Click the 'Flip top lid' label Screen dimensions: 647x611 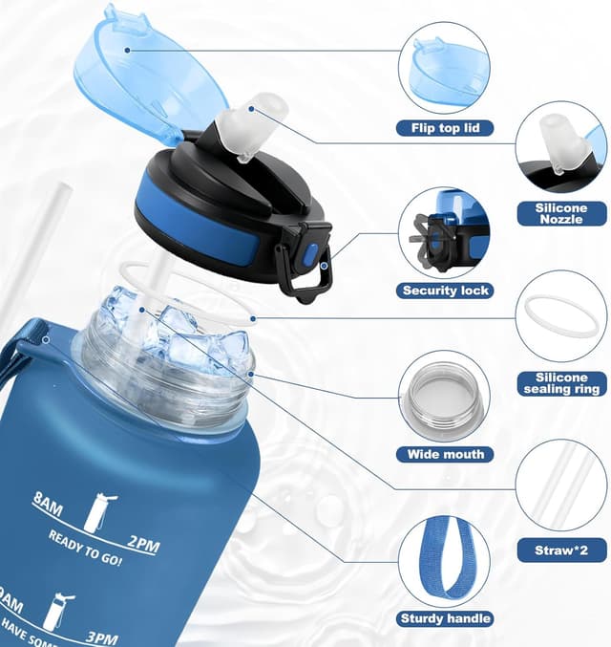[445, 127]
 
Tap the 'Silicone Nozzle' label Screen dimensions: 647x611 [562, 213]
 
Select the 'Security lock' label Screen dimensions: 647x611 [445, 291]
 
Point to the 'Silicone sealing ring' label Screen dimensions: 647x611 [561, 384]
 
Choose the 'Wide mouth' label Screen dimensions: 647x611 [445, 454]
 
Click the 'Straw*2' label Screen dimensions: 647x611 [561, 550]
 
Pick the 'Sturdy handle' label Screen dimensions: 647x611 [445, 618]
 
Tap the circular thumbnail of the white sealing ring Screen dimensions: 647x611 [561, 315]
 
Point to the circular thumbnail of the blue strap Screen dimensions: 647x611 [445, 556]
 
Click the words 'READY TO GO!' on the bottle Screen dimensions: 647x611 [85, 548]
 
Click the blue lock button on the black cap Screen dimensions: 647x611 [309, 256]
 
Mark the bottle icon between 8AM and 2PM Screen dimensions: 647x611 [95, 513]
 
